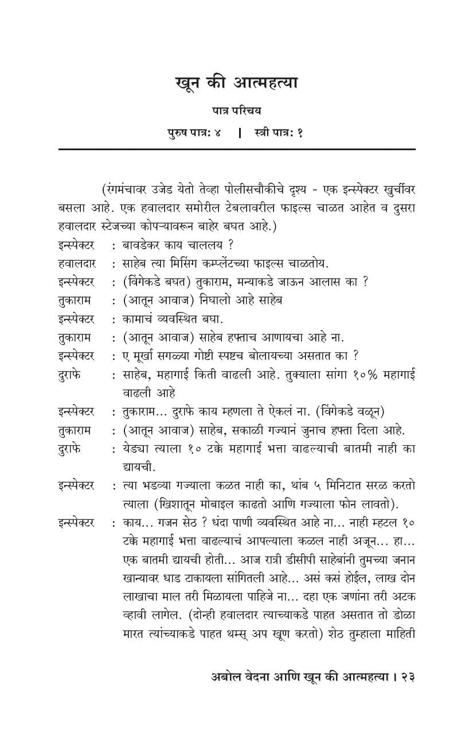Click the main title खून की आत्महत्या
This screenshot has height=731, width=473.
(236, 83)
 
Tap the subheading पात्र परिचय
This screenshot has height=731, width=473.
(236, 111)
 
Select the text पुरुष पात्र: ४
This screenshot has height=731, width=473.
(194, 132)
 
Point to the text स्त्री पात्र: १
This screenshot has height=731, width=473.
(279, 132)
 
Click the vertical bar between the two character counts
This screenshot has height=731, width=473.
(240, 132)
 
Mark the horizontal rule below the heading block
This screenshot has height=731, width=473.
(236, 150)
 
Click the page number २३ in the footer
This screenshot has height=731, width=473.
(408, 677)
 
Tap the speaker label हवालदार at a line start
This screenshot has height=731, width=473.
(77, 263)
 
